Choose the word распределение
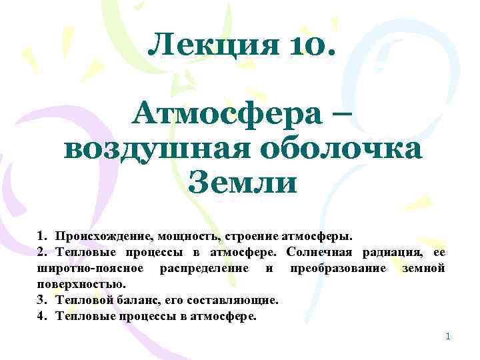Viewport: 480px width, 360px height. [202, 268]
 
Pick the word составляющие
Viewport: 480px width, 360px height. [232, 300]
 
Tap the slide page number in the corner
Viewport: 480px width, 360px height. [448, 336]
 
